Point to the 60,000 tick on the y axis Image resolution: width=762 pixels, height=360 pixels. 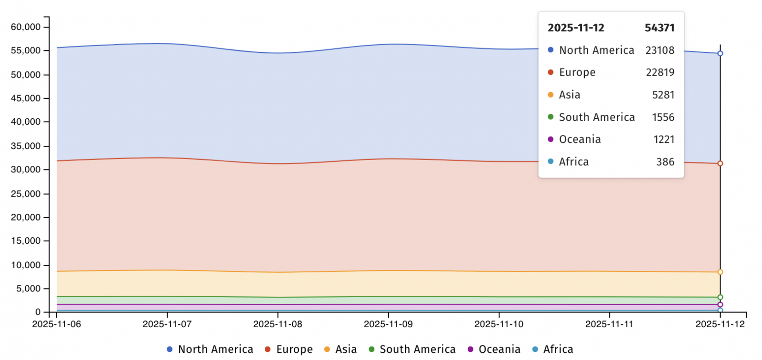click(26, 27)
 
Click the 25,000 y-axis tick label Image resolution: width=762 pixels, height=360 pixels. click(26, 194)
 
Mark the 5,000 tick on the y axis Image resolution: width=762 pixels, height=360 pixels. click(28, 289)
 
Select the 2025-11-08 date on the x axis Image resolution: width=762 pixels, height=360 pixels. click(278, 324)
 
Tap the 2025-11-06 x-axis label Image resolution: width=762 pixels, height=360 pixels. click(57, 324)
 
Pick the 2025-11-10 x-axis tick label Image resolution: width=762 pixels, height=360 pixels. click(499, 324)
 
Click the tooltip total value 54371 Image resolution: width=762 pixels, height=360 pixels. click(660, 28)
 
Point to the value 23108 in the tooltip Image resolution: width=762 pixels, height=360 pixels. click(660, 50)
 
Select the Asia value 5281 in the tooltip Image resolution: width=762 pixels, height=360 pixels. click(663, 95)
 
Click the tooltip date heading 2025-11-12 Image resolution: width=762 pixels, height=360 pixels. click(576, 28)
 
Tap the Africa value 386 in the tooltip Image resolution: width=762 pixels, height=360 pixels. click(665, 162)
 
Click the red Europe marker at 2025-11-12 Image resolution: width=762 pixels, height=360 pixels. click(720, 163)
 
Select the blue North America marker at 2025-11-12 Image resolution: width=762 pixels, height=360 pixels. click(720, 53)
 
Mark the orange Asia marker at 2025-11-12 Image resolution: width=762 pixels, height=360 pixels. click(720, 272)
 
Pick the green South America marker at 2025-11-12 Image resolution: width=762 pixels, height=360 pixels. click(720, 297)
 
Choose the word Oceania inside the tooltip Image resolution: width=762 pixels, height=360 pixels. click(580, 140)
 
